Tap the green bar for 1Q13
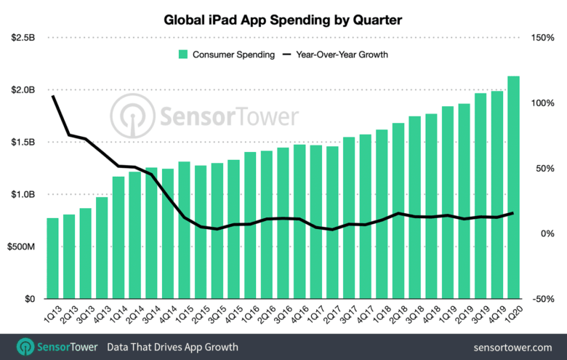[52, 258]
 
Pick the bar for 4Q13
[102, 248]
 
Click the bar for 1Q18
[382, 215]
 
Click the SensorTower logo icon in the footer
[26, 346]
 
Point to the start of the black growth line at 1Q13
[52, 96]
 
